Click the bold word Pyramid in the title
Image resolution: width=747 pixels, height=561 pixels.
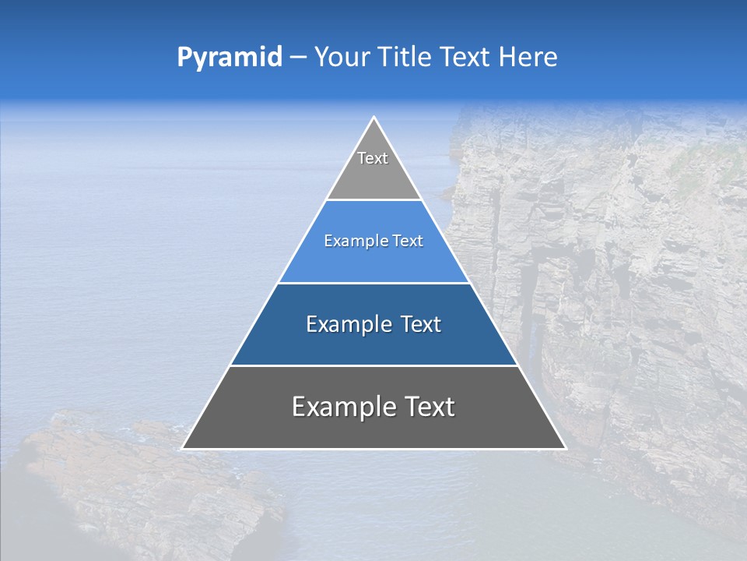[x=230, y=58]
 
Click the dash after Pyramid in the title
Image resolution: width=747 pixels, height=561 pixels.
[x=298, y=58]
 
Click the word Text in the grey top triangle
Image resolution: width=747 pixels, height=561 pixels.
[x=373, y=158]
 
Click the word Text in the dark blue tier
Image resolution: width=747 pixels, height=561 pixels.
[x=422, y=324]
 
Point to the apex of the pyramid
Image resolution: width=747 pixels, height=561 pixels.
[x=373, y=118]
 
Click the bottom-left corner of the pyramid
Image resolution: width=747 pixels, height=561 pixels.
[x=183, y=448]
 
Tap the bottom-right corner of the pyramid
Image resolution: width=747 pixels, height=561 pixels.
[x=565, y=448]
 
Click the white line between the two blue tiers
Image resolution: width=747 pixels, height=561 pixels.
[x=373, y=283]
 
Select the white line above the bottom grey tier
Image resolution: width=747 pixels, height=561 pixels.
[x=373, y=365]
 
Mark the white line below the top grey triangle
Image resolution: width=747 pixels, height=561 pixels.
[x=373, y=200]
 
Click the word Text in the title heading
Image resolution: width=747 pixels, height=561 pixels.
[x=467, y=58]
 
